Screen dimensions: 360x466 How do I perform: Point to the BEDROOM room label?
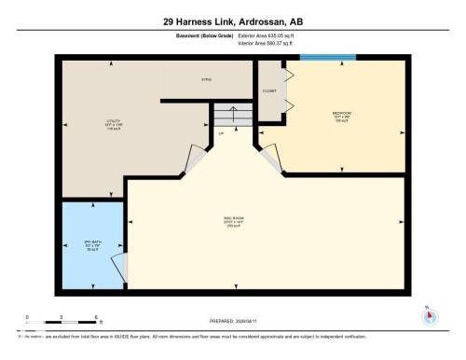click(x=343, y=116)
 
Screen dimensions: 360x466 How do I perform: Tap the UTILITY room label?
click(x=114, y=123)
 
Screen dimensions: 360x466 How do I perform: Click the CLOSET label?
click(x=268, y=91)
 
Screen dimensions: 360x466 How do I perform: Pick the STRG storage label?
click(x=208, y=81)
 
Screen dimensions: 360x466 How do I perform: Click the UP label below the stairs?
click(x=222, y=133)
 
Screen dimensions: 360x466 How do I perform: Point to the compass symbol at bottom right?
click(x=429, y=315)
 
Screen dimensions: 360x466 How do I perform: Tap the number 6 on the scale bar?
click(x=97, y=317)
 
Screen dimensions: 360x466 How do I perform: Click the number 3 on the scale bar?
click(x=62, y=317)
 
